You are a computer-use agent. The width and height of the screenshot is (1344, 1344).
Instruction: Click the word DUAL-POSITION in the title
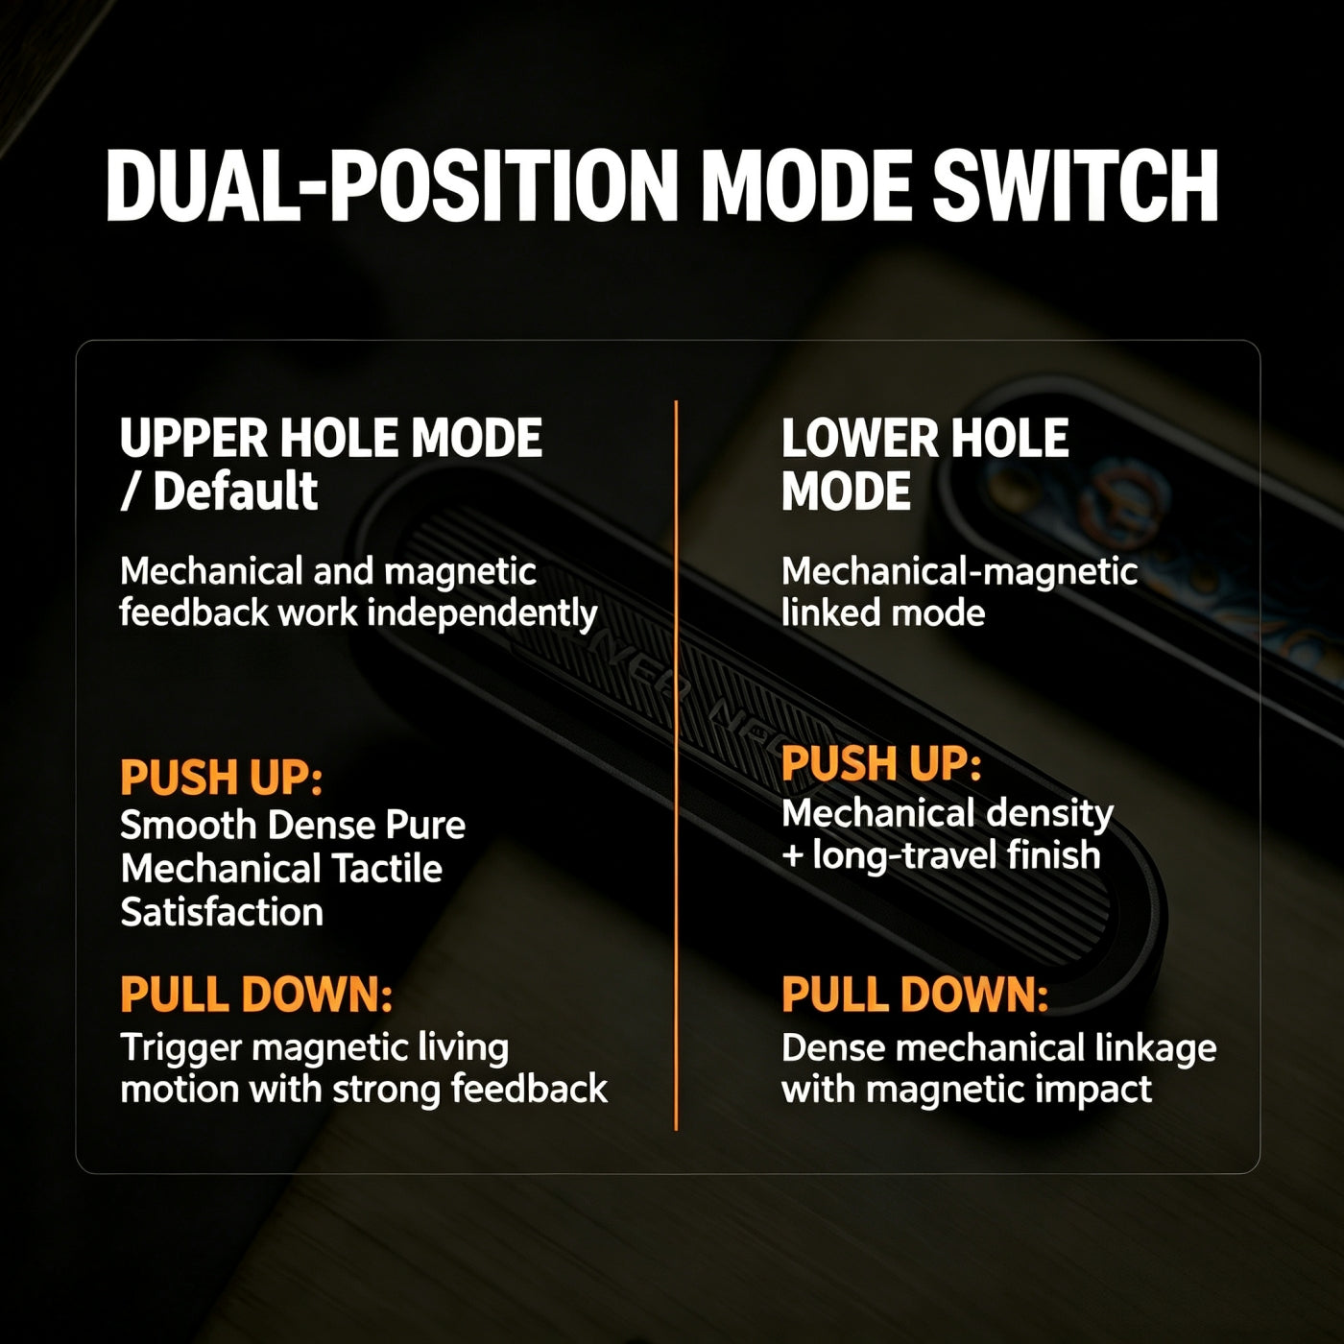(392, 186)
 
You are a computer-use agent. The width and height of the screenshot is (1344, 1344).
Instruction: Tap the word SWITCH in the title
(1075, 186)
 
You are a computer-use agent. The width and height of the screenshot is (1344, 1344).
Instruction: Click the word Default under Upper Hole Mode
(235, 491)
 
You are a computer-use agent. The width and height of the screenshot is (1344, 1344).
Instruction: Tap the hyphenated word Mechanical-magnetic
(959, 572)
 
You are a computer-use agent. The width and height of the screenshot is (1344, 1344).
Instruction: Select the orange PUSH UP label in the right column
(881, 763)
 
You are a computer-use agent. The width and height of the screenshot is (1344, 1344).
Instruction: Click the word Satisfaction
(222, 912)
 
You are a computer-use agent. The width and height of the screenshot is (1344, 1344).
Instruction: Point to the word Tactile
(387, 869)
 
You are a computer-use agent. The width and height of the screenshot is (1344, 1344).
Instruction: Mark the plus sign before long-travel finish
(792, 856)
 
